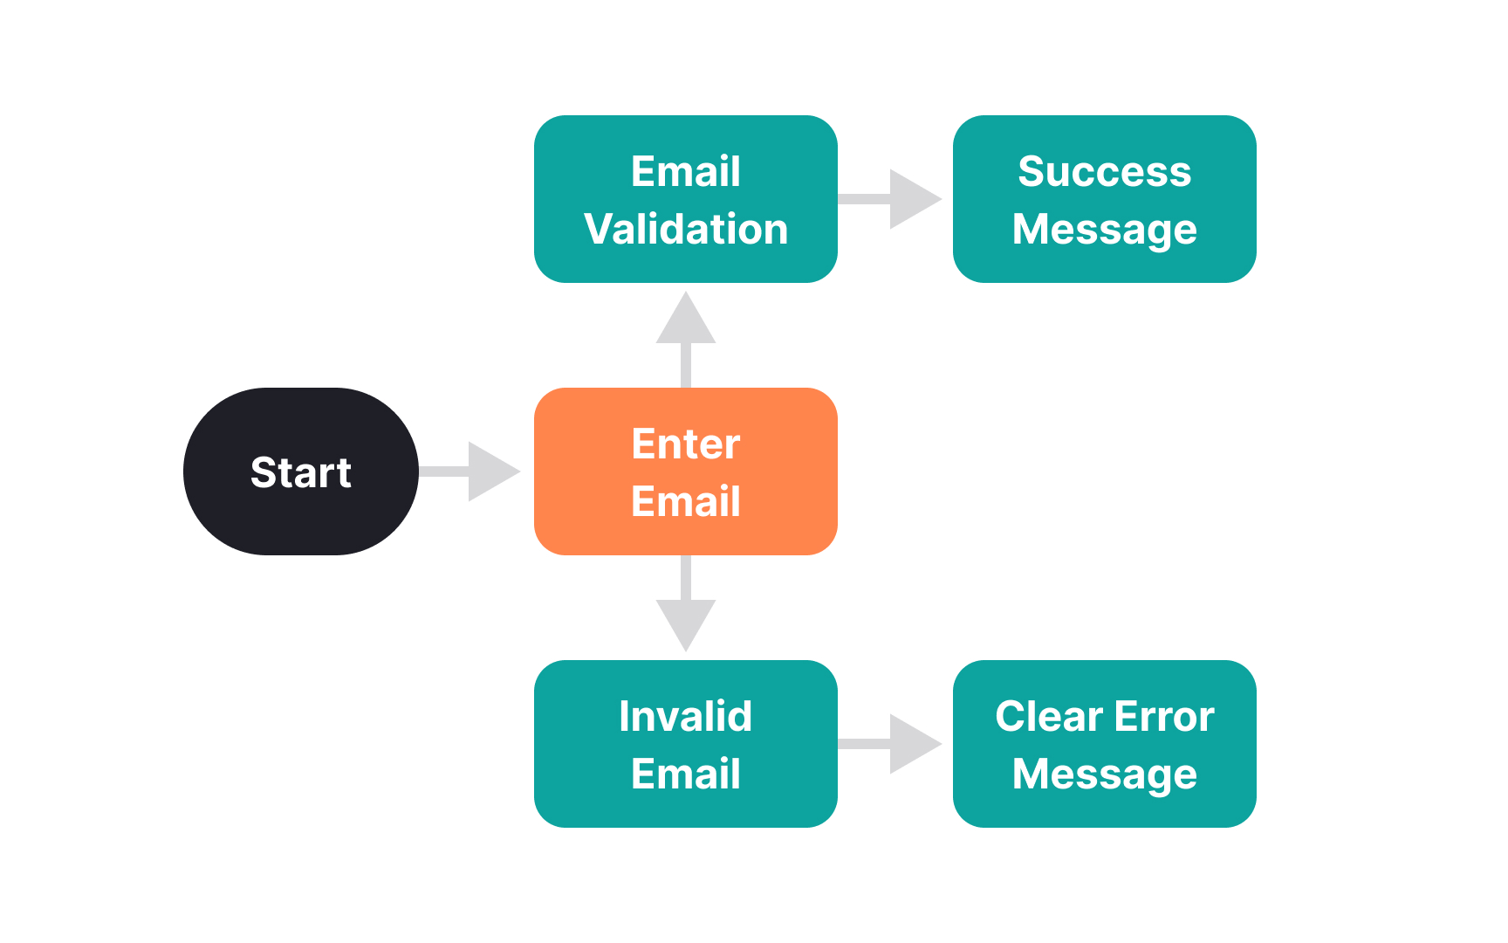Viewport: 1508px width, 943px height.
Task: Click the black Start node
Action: pos(301,471)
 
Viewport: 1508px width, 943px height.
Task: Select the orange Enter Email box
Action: pos(686,471)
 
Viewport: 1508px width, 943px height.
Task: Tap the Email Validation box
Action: pos(686,199)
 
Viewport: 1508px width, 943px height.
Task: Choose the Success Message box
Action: pos(1105,199)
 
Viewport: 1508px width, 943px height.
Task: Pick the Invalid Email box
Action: pos(686,744)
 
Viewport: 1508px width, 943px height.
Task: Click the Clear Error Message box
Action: pos(1105,744)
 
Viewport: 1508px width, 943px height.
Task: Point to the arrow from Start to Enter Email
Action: pos(470,471)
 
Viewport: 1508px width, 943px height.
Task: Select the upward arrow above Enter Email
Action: pos(686,340)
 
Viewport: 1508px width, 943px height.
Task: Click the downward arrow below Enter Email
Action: pos(686,603)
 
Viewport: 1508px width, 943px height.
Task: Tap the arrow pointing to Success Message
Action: pos(890,199)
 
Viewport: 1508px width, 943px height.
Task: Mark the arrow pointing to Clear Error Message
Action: pos(890,744)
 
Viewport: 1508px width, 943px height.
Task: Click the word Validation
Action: pos(686,229)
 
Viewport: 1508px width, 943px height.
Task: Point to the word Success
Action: pos(1105,171)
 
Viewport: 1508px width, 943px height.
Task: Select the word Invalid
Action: pos(686,716)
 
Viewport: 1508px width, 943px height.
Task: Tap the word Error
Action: pos(1164,716)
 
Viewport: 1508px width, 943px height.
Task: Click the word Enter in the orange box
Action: pos(686,444)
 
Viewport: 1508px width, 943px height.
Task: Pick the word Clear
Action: pos(1050,716)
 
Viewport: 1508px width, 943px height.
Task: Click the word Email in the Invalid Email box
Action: pos(686,774)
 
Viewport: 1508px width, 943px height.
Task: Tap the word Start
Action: pos(301,472)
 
